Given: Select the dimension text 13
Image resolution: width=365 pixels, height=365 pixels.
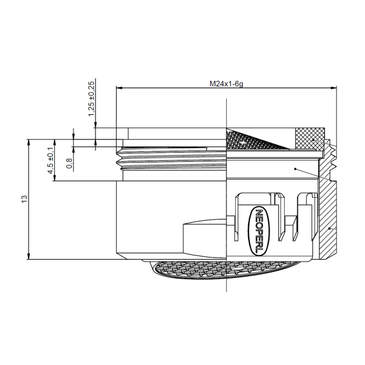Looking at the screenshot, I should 23,199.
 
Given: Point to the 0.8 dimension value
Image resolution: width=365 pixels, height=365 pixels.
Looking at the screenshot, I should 69,162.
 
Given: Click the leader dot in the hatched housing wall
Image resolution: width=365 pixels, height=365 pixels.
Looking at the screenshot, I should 328,228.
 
